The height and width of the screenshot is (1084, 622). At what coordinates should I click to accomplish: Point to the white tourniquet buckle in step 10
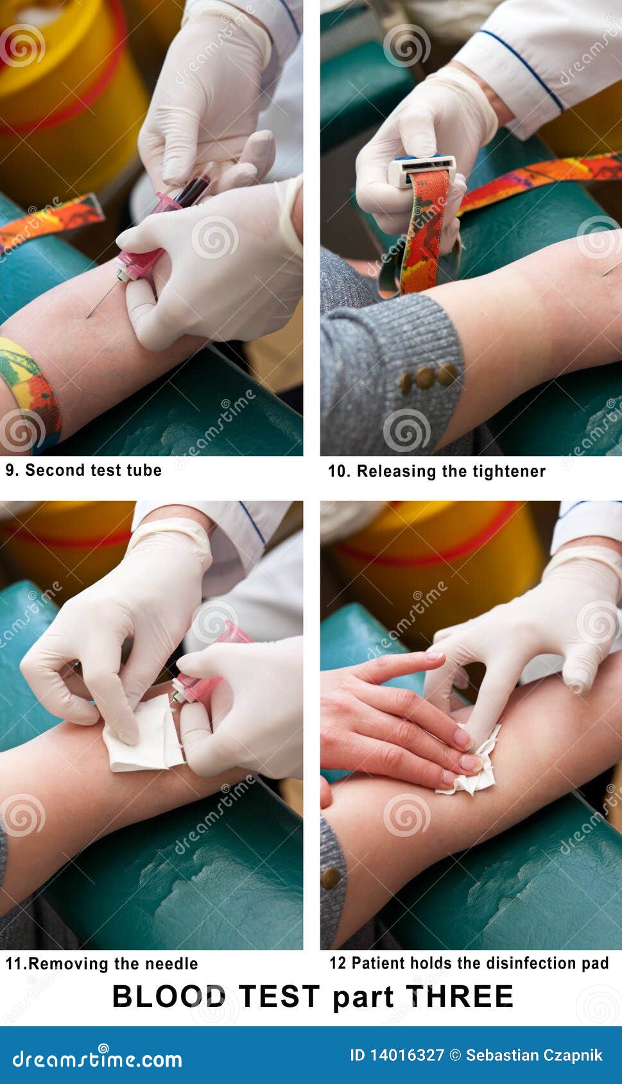[x=421, y=170]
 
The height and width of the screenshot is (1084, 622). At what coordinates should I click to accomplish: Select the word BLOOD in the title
[x=169, y=997]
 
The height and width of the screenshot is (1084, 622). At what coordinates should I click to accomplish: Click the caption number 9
[x=10, y=470]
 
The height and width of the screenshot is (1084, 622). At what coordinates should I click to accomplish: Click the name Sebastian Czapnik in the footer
[x=534, y=1055]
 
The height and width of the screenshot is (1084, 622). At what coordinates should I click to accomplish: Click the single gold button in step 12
[x=331, y=878]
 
